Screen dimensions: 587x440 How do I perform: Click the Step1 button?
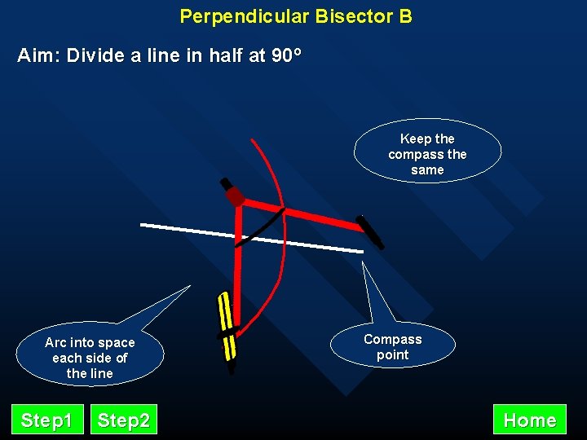[x=46, y=420]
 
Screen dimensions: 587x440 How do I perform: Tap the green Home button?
[x=530, y=420]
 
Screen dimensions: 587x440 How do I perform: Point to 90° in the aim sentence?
[x=285, y=56]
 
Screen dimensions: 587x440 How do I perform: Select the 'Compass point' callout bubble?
[x=393, y=347]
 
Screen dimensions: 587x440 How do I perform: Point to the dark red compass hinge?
[x=236, y=196]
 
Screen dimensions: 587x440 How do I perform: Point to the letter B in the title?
[x=405, y=16]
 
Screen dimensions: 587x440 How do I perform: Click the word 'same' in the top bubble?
[x=427, y=170]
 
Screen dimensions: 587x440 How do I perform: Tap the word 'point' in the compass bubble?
[x=393, y=355]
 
